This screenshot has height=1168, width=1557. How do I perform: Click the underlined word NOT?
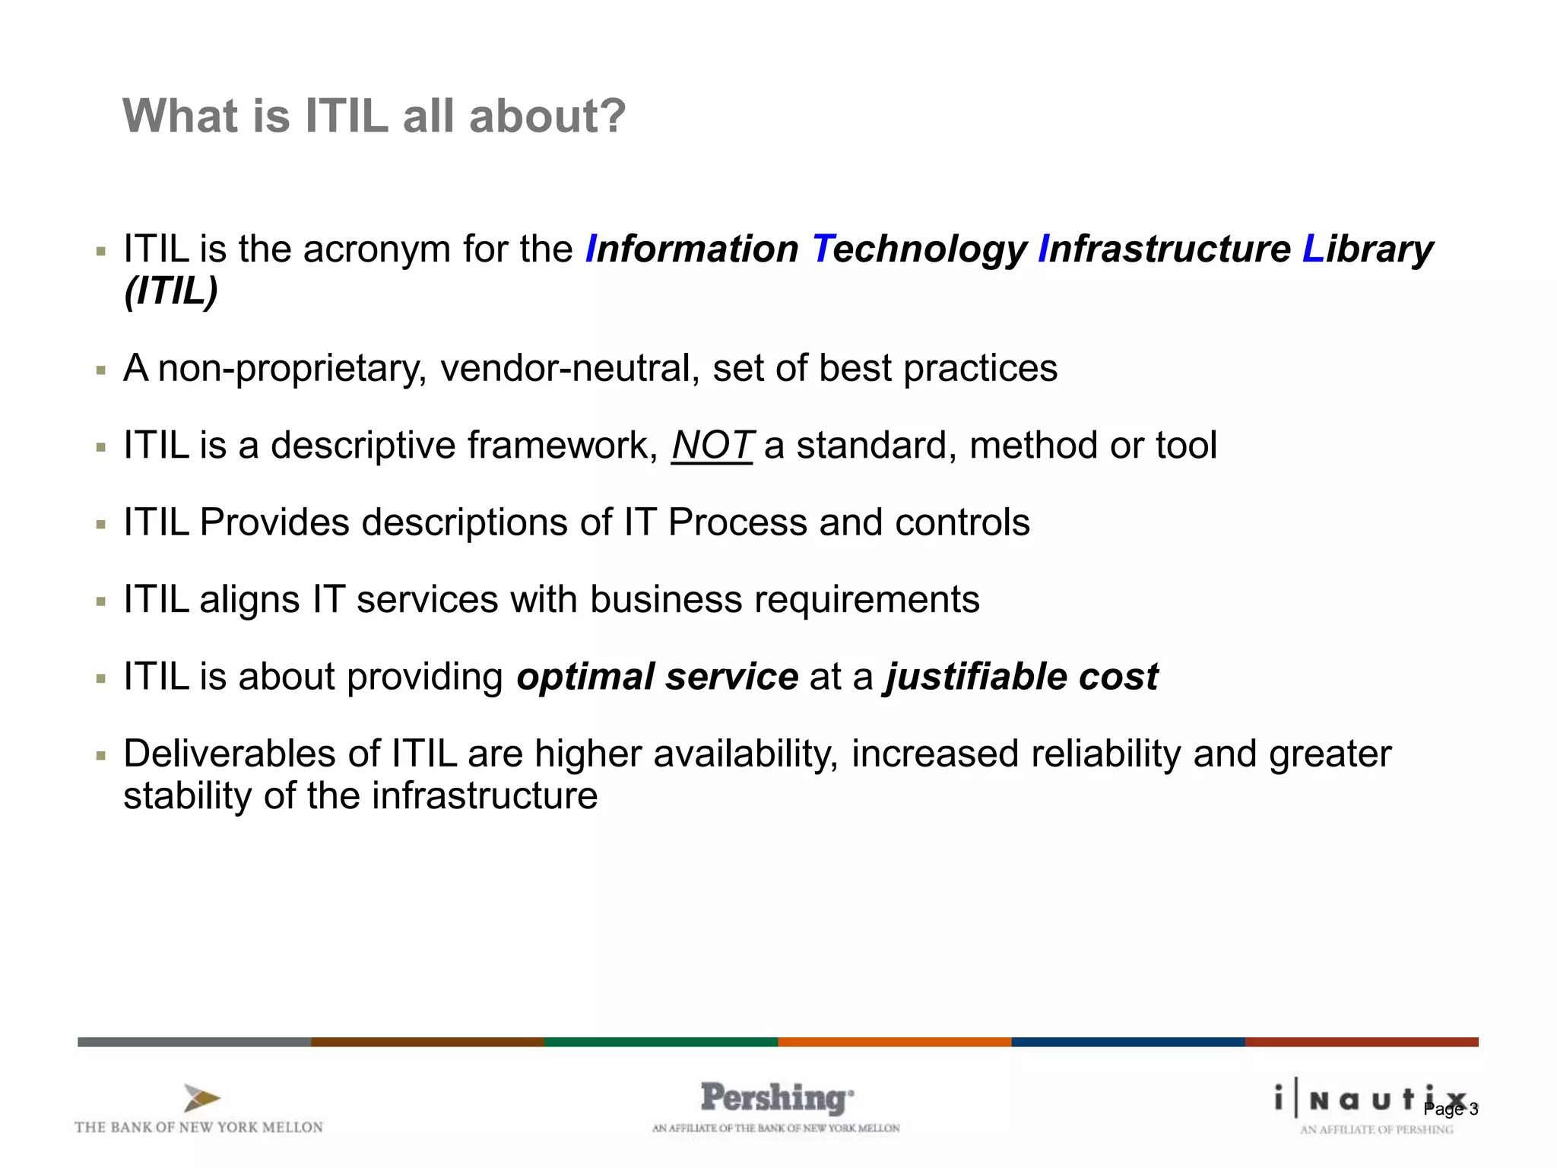[712, 446]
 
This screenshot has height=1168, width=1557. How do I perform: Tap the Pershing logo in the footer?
[776, 1099]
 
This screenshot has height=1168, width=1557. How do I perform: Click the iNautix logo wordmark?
[1368, 1100]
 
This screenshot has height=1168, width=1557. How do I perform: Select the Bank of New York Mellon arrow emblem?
[201, 1099]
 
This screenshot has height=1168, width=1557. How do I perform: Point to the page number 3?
[1473, 1109]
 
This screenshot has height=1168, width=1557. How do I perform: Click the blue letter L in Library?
[1313, 249]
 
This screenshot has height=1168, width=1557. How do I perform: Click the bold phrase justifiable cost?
[1021, 677]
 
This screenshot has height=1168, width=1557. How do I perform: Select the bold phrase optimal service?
[657, 677]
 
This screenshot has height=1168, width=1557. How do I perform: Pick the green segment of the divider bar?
[661, 1042]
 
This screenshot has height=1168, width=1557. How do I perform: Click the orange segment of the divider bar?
[894, 1042]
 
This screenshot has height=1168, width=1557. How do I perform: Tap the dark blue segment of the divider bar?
[1127, 1042]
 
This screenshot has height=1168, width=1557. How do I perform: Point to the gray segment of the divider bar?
[194, 1042]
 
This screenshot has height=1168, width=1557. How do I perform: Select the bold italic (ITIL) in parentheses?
[171, 291]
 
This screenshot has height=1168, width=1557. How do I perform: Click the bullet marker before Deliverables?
[101, 756]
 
